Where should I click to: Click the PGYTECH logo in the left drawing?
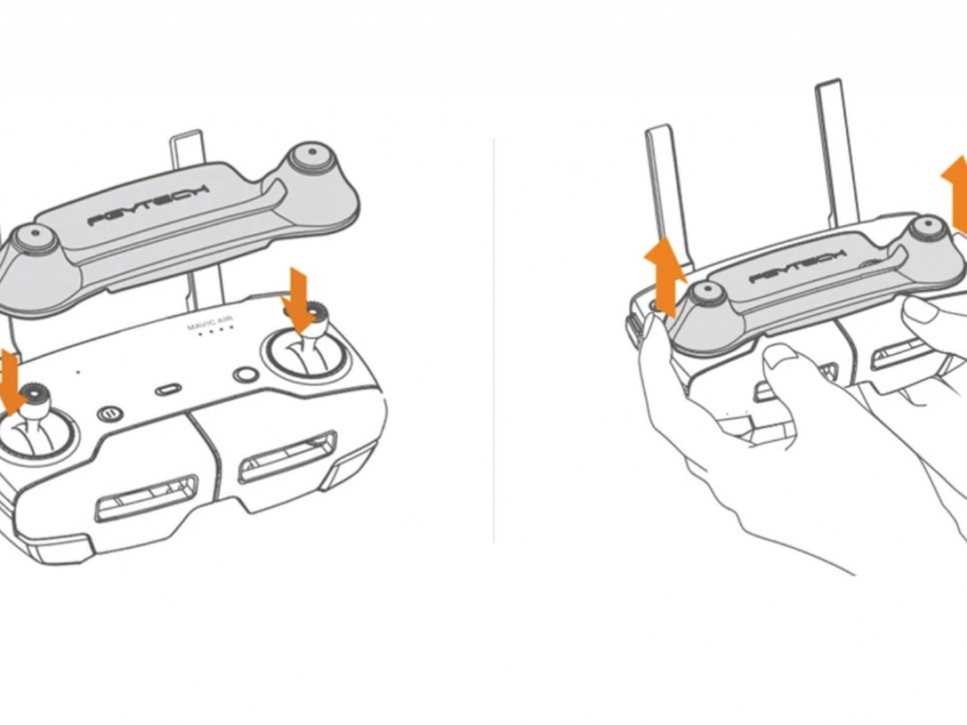pos(149,206)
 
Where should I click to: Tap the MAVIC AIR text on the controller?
pos(211,324)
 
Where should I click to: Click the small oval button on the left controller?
pos(169,389)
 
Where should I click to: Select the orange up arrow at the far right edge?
pos(955,196)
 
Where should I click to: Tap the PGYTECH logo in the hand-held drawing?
pos(797,266)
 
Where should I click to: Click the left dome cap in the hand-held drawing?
pos(707,293)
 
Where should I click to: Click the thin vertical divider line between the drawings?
pos(493,340)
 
